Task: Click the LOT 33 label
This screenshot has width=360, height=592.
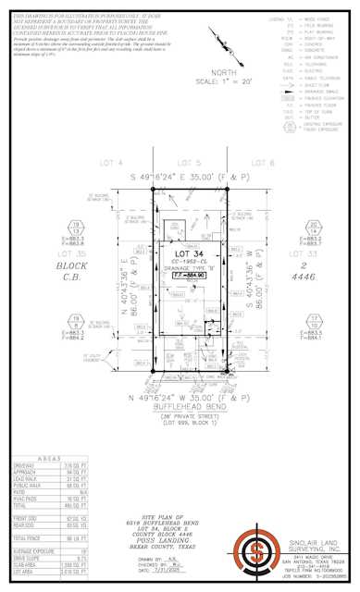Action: pos(305,252)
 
